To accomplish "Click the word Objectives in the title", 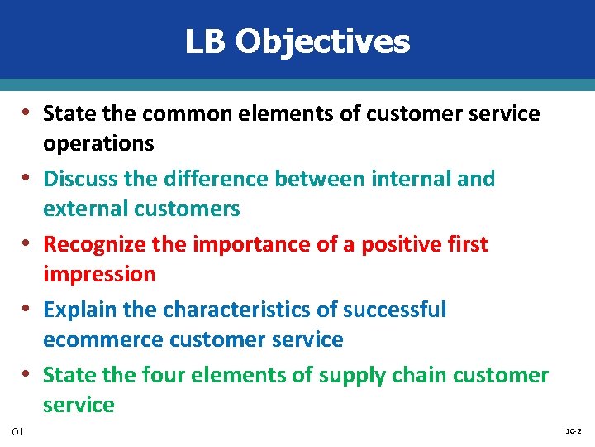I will point(322,41).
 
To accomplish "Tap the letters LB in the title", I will point(205,41).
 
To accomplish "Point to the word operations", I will point(98,143).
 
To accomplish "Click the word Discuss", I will point(80,179).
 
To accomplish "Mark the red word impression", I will point(99,274).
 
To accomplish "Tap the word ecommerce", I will point(102,339).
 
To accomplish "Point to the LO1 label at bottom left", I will point(15,432).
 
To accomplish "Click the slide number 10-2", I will point(573,431).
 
